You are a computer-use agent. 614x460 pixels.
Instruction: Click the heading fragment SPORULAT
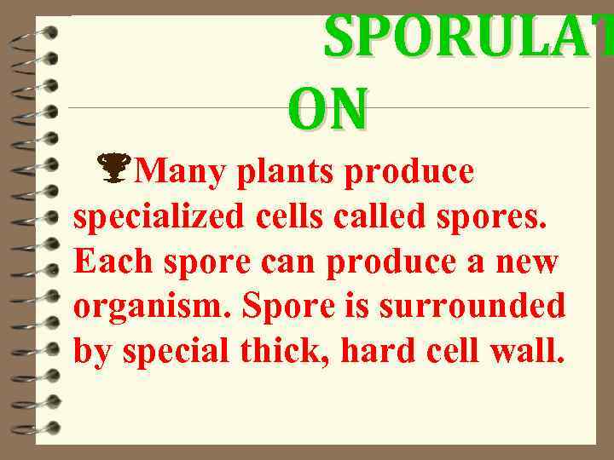click(x=467, y=38)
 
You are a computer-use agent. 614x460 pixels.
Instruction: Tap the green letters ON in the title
click(x=327, y=111)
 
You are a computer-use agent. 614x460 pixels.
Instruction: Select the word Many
click(x=180, y=172)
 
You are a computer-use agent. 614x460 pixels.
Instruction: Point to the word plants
click(x=284, y=172)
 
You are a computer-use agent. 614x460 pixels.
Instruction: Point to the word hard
click(x=380, y=350)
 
